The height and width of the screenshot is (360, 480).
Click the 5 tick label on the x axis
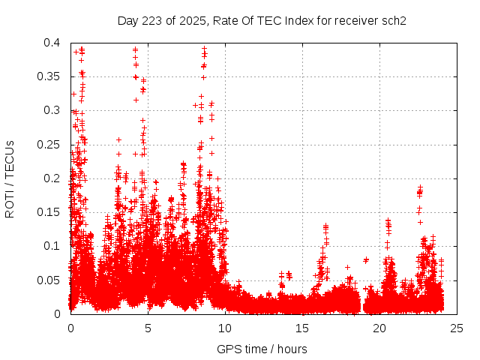148,328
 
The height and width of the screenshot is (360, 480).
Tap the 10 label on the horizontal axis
225,328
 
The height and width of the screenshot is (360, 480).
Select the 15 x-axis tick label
302,328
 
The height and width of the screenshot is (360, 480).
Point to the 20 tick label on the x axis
379,328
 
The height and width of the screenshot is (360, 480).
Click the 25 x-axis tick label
457,328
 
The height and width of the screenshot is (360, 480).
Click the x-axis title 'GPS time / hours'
262,349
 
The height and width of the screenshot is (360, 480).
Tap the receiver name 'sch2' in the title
394,20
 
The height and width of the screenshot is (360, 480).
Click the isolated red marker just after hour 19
366,260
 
